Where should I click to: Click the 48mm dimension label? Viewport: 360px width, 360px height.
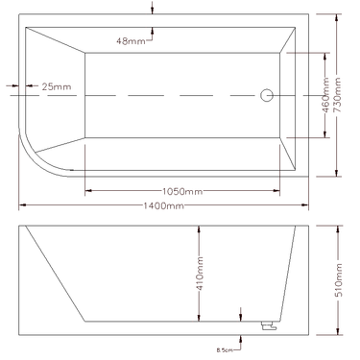point(131,41)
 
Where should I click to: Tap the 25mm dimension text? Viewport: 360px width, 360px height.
point(57,87)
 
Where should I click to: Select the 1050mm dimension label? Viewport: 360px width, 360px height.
point(181,192)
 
